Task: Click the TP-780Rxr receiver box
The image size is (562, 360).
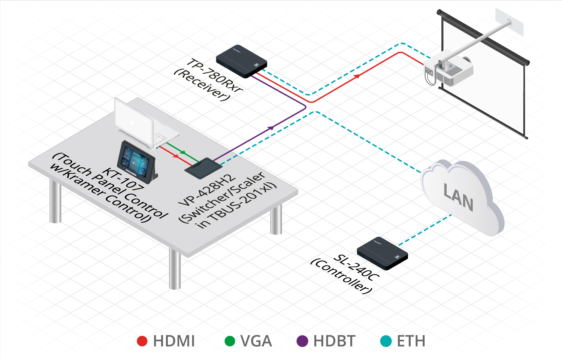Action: click(x=241, y=61)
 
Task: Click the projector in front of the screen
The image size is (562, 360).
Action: click(x=450, y=70)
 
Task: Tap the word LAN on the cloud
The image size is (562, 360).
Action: click(x=458, y=197)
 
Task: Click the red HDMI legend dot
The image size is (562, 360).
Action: click(x=142, y=341)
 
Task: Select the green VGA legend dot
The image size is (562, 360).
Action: click(x=229, y=341)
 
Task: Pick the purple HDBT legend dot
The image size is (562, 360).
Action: click(x=302, y=341)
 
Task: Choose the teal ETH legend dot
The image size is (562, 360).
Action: click(x=386, y=341)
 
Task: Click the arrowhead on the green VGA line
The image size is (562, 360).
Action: click(x=183, y=152)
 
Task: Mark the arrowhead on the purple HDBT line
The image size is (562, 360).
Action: click(x=271, y=128)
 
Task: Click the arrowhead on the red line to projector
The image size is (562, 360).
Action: click(x=357, y=76)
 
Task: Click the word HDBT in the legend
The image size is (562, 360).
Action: click(x=334, y=341)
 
